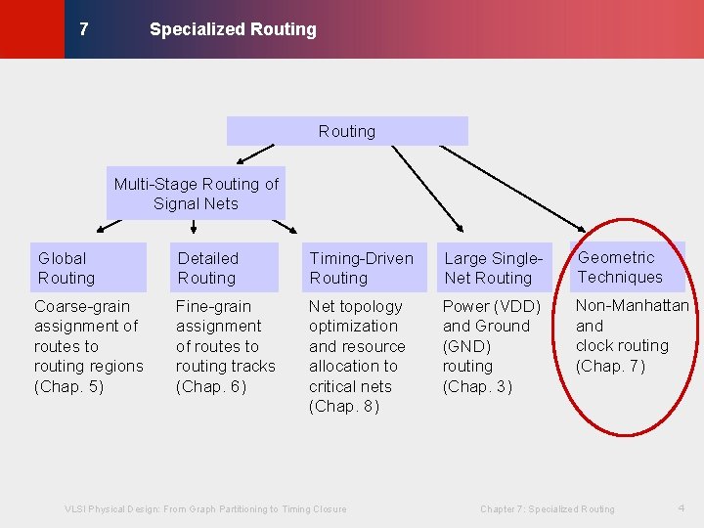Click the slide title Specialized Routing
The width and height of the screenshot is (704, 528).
point(233,29)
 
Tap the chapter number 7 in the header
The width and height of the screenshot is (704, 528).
point(83,29)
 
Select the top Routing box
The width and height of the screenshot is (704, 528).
point(347,131)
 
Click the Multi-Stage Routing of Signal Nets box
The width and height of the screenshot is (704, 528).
point(196,194)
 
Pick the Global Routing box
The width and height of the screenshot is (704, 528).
point(87,268)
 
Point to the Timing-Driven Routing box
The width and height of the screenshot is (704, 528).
point(363,268)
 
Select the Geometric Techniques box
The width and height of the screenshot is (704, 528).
point(627,267)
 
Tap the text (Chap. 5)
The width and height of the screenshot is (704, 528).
point(69,386)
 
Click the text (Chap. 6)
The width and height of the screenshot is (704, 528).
point(211,386)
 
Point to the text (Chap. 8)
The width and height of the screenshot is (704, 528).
point(344,406)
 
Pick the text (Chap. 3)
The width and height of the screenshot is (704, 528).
point(477,386)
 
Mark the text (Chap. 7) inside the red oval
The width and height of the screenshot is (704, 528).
point(610,366)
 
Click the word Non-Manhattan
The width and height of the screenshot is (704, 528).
point(632,305)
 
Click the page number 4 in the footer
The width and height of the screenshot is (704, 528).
point(682,507)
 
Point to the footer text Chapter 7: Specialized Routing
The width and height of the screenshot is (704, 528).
point(548,508)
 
